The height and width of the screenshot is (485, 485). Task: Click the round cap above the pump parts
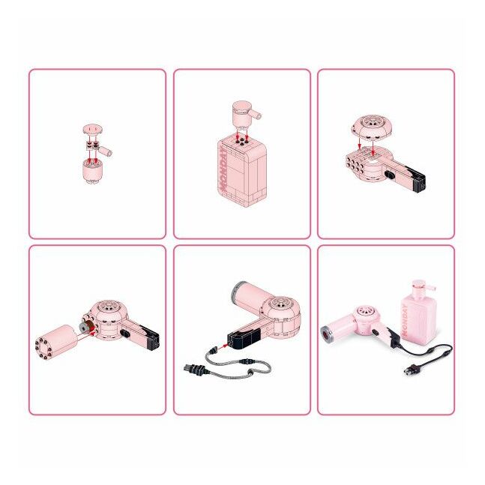tap(92, 128)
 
